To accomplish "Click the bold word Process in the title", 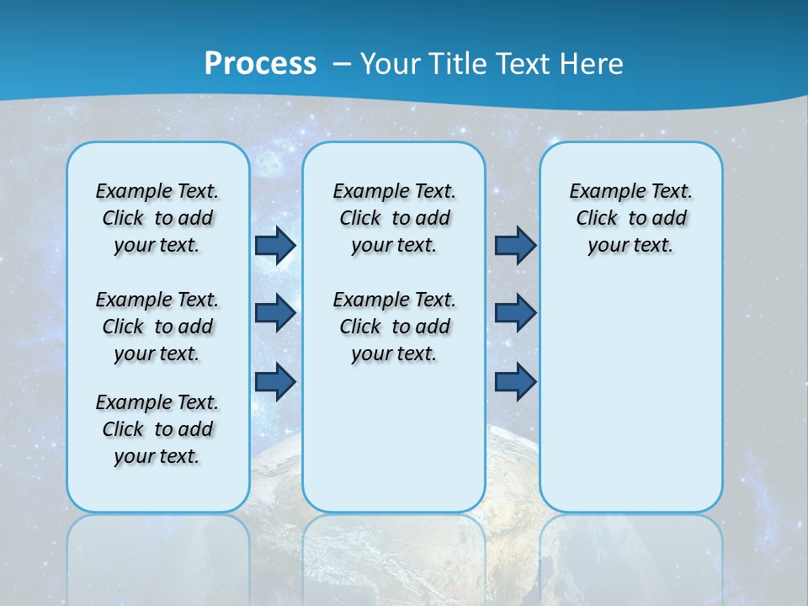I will pyautogui.click(x=260, y=64).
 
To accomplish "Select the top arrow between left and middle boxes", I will pyautogui.click(x=275, y=246).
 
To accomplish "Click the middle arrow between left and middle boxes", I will pyautogui.click(x=275, y=313).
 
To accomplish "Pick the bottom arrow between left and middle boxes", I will pyautogui.click(x=275, y=381).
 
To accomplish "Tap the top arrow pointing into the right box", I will pyautogui.click(x=515, y=246).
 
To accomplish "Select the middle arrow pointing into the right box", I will pyautogui.click(x=515, y=313).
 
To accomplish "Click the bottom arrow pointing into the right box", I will pyautogui.click(x=515, y=381).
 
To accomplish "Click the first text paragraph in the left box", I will pyautogui.click(x=157, y=218).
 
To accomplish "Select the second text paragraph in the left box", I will pyautogui.click(x=157, y=327).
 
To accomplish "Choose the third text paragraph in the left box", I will pyautogui.click(x=157, y=429).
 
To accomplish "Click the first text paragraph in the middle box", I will pyautogui.click(x=394, y=218).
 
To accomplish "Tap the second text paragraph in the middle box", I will pyautogui.click(x=394, y=327).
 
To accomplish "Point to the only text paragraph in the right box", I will pyautogui.click(x=630, y=218).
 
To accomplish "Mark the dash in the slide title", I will pyautogui.click(x=342, y=65).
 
